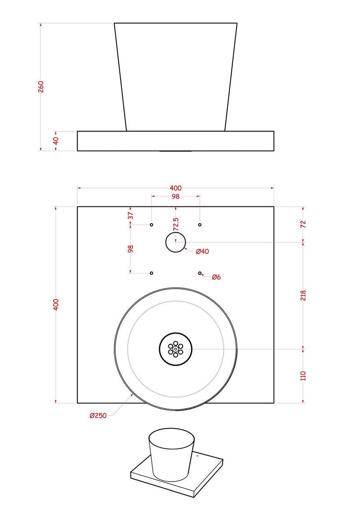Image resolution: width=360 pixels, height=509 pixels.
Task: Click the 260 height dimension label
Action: [x=41, y=87]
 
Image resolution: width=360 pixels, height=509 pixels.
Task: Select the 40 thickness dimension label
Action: [x=56, y=141]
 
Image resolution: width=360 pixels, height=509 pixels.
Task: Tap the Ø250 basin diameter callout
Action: [x=98, y=415]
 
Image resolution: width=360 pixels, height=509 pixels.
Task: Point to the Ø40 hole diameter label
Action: [x=202, y=251]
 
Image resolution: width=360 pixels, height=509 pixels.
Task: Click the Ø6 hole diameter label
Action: [x=216, y=277]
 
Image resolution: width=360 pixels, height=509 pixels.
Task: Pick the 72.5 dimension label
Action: [x=176, y=224]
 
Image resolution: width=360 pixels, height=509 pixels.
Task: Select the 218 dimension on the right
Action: [x=303, y=295]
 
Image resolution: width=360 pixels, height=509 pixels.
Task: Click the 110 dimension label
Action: [x=303, y=376]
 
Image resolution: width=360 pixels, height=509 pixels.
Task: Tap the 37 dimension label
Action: [x=130, y=215]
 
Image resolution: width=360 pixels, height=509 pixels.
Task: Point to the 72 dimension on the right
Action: [x=303, y=224]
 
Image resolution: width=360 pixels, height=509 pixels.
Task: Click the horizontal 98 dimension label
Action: [x=175, y=196]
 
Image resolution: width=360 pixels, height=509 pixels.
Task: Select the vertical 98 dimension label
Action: [x=130, y=249]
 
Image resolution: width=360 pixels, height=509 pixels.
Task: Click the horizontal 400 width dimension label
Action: [x=175, y=188]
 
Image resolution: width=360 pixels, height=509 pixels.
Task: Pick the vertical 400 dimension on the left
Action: [x=56, y=305]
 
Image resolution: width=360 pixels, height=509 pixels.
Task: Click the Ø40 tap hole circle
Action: [x=175, y=242]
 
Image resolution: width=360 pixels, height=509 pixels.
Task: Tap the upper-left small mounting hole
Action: [x=151, y=225]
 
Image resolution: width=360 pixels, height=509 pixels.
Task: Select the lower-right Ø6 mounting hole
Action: [x=199, y=273]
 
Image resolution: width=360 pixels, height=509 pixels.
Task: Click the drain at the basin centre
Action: [x=175, y=349]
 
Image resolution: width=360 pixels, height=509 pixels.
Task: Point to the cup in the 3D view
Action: [x=171, y=455]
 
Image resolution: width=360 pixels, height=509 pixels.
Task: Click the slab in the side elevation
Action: [x=175, y=141]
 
